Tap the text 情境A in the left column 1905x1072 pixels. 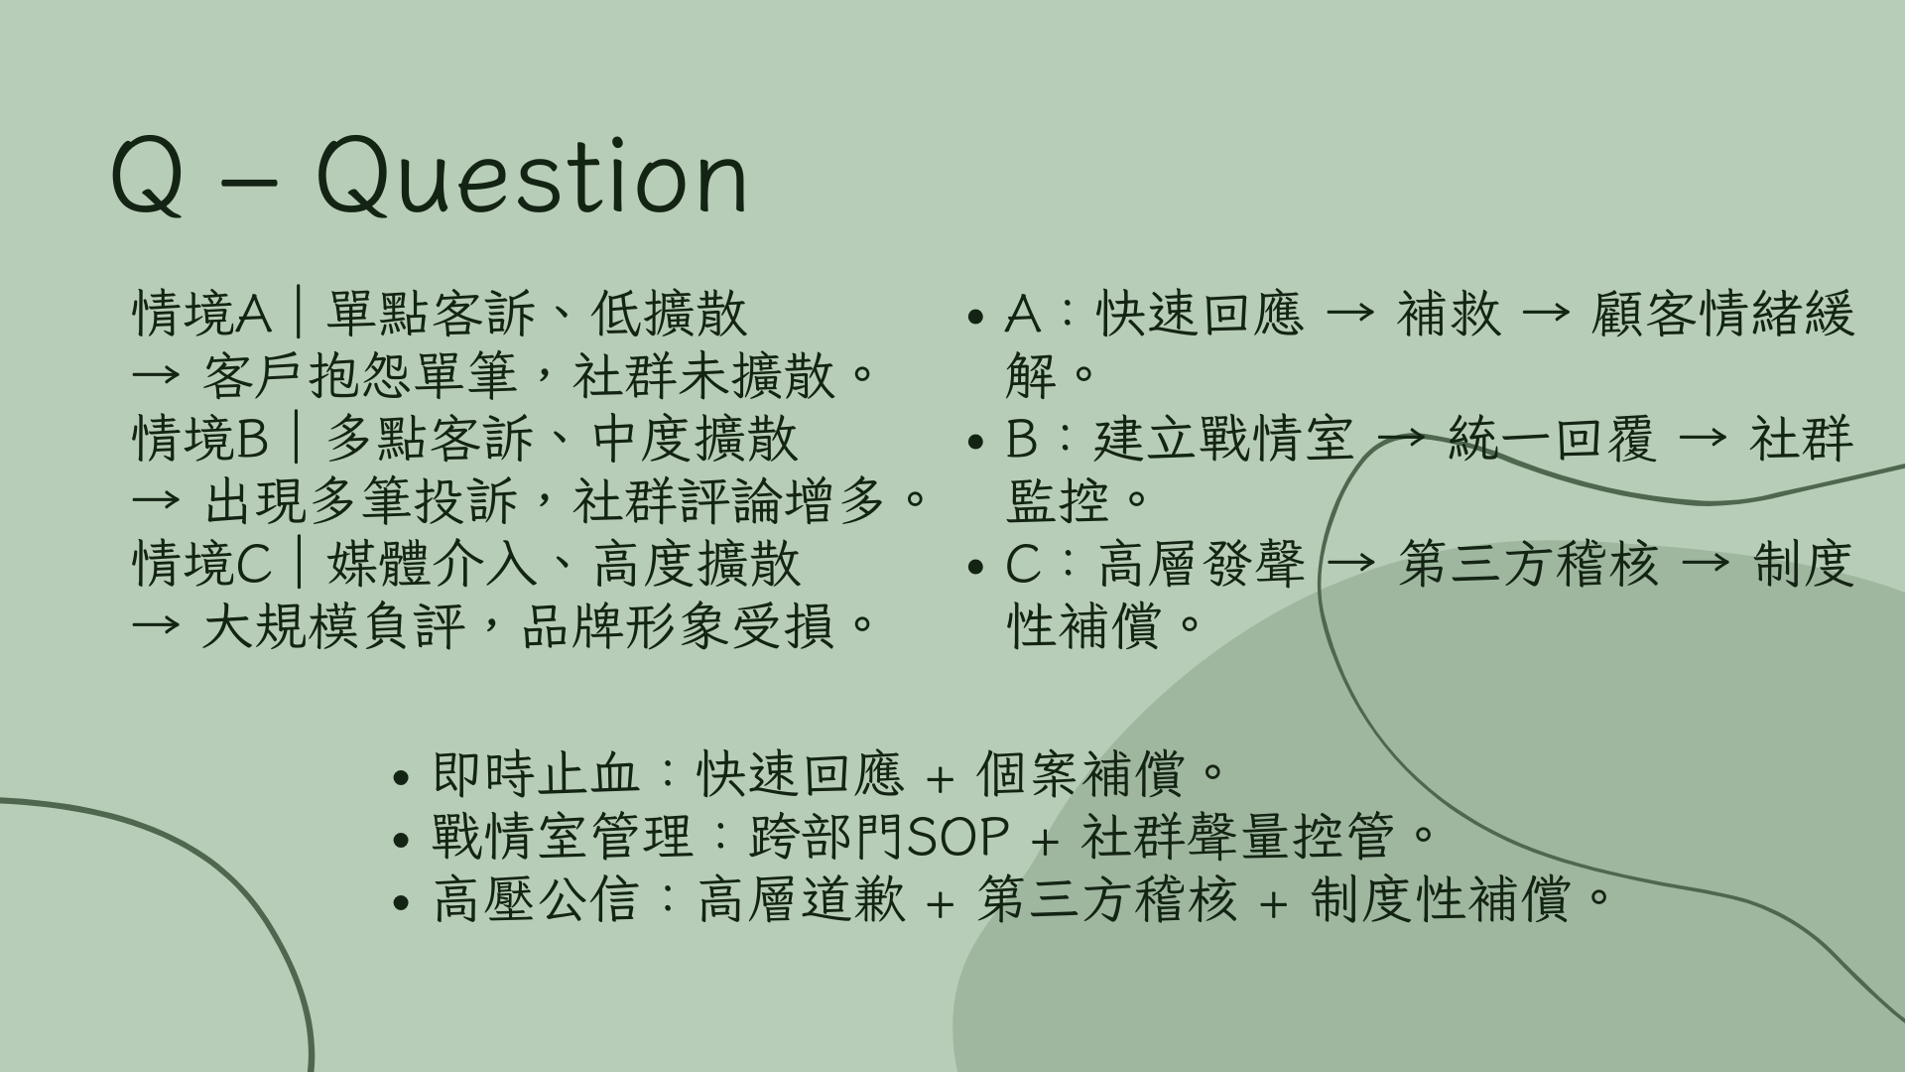201,314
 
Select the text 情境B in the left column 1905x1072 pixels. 200,439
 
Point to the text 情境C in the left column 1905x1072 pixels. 201,564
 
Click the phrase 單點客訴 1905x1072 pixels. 431,314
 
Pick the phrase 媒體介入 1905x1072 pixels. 431,564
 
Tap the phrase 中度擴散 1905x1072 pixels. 695,439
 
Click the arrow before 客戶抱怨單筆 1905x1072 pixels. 157,376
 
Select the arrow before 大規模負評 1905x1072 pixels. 157,626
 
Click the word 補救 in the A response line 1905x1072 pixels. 1449,314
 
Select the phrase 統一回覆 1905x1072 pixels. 1552,439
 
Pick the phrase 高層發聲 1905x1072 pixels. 1202,564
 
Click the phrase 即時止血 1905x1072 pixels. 536,774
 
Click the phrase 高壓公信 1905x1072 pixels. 536,899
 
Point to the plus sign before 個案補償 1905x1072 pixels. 940,777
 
